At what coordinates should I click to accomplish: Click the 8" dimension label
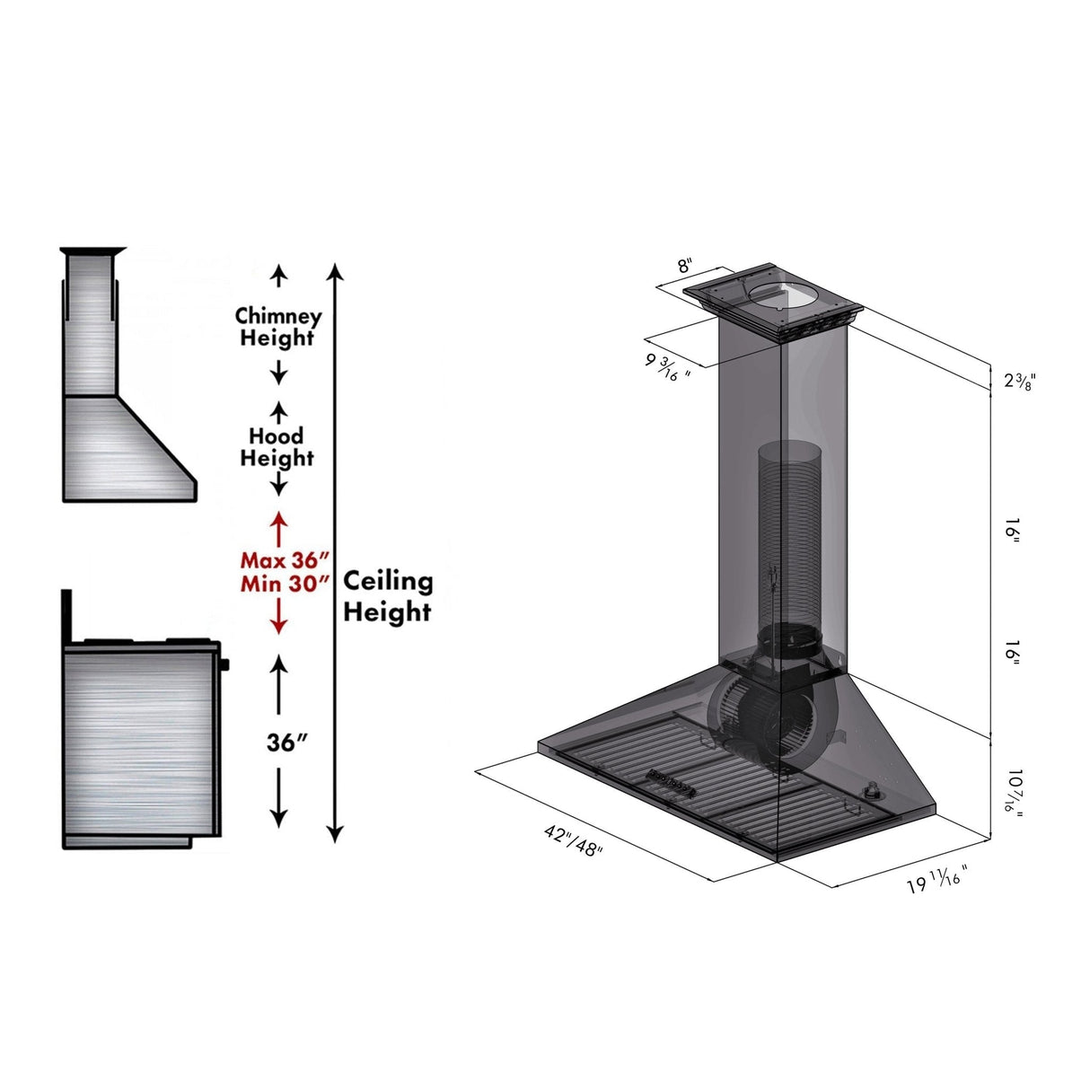pos(686,266)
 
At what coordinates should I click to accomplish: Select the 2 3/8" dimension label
pos(1020,381)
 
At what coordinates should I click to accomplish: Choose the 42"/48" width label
pos(573,840)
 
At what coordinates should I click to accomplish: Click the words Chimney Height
pos(277,327)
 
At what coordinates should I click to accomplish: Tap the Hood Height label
pos(277,446)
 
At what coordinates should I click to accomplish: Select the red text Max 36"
pos(279,560)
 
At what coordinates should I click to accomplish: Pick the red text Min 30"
pos(279,584)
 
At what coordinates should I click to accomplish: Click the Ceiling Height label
pos(388,596)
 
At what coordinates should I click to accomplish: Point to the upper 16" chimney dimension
pos(1012,530)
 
